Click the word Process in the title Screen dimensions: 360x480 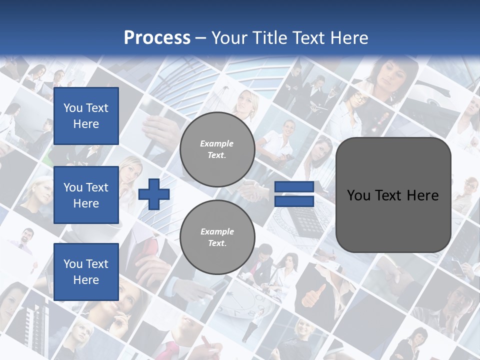[157, 37]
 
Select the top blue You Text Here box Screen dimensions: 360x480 [86, 116]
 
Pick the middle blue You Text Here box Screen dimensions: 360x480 [86, 195]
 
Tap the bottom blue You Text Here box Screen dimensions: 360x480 [86, 271]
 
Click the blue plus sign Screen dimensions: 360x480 [154, 194]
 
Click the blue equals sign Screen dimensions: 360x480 [294, 194]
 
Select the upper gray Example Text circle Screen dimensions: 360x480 [217, 149]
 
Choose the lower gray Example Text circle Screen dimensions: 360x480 [217, 237]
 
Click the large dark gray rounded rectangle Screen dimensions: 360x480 [393, 195]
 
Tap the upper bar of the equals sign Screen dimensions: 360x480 [294, 187]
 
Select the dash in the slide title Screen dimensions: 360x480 [201, 37]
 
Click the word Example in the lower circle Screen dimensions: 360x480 [217, 231]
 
